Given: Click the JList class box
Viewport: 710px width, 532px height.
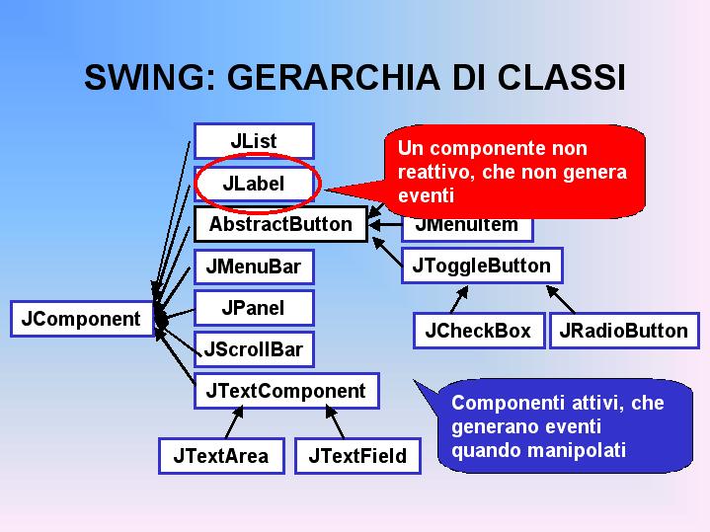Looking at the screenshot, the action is click(254, 141).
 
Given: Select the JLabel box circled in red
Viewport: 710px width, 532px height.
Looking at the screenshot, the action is click(254, 184).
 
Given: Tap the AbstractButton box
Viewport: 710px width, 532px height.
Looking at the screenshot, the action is click(280, 224).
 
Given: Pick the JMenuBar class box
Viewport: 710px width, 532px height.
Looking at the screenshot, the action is click(254, 266).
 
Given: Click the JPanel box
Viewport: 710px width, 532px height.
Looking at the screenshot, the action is click(254, 308).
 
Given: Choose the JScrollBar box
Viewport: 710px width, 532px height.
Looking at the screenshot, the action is click(254, 349).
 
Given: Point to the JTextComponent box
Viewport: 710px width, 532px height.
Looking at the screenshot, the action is click(286, 391).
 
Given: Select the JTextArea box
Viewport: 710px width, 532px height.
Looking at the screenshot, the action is click(221, 456).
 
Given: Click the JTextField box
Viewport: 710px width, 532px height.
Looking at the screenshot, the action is click(357, 456).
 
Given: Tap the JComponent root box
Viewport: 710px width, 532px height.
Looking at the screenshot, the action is click(82, 319).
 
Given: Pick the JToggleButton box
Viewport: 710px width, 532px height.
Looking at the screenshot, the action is click(482, 266).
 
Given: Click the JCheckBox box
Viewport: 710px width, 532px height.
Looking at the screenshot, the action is click(479, 331).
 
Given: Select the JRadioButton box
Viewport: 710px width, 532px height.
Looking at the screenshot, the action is click(624, 331).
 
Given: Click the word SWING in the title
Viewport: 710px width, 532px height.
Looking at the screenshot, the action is click(144, 77).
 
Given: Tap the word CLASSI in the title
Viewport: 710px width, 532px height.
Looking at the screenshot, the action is click(561, 77).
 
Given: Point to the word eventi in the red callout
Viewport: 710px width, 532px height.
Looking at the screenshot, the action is click(426, 196).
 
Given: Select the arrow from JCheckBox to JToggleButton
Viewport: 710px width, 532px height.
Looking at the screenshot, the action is click(459, 299).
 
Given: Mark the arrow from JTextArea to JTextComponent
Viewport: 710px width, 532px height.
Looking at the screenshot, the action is click(235, 422).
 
